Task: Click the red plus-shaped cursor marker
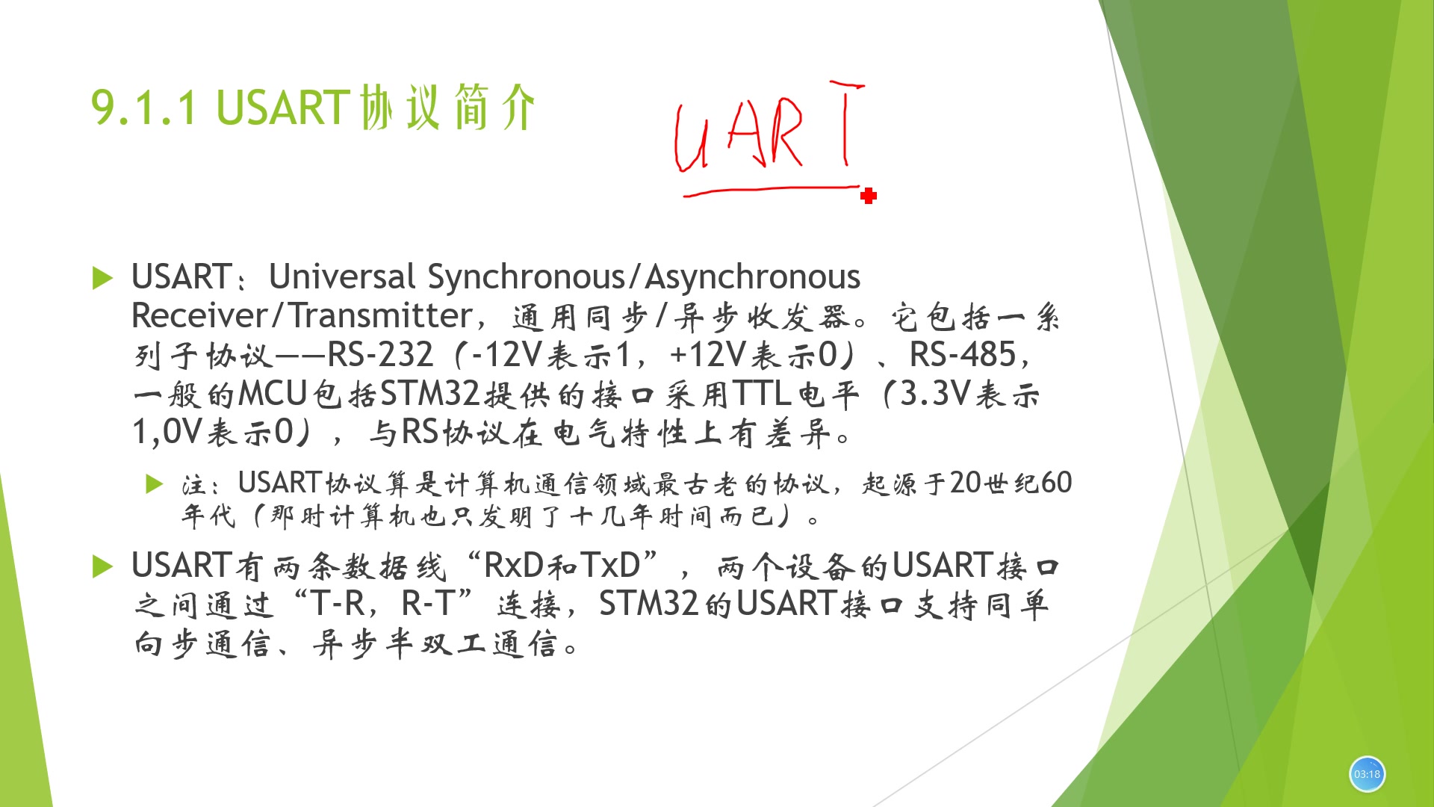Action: click(868, 196)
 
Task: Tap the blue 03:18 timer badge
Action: click(1367, 774)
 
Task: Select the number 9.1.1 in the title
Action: click(144, 108)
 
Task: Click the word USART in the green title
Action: click(282, 108)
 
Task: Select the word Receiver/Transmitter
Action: click(302, 316)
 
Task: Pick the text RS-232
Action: click(380, 355)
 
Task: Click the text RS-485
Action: click(963, 355)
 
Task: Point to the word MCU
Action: click(273, 394)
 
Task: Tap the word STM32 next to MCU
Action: click(429, 394)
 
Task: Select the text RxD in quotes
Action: click(514, 566)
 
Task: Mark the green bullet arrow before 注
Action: click(154, 484)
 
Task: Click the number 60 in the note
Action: click(1056, 483)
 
